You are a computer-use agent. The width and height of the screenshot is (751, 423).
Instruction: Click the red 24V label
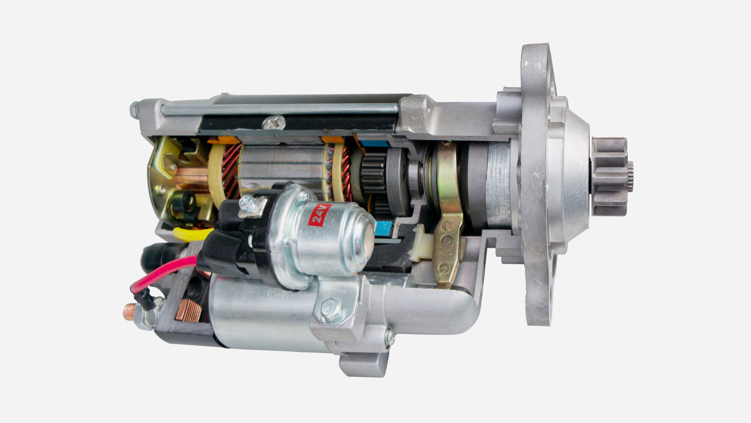(x=320, y=215)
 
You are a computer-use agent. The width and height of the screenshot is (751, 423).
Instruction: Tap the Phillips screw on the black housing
(x=274, y=123)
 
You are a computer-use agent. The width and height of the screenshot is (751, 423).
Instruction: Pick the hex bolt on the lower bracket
(x=331, y=309)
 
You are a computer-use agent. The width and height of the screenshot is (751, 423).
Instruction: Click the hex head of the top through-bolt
(x=134, y=109)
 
